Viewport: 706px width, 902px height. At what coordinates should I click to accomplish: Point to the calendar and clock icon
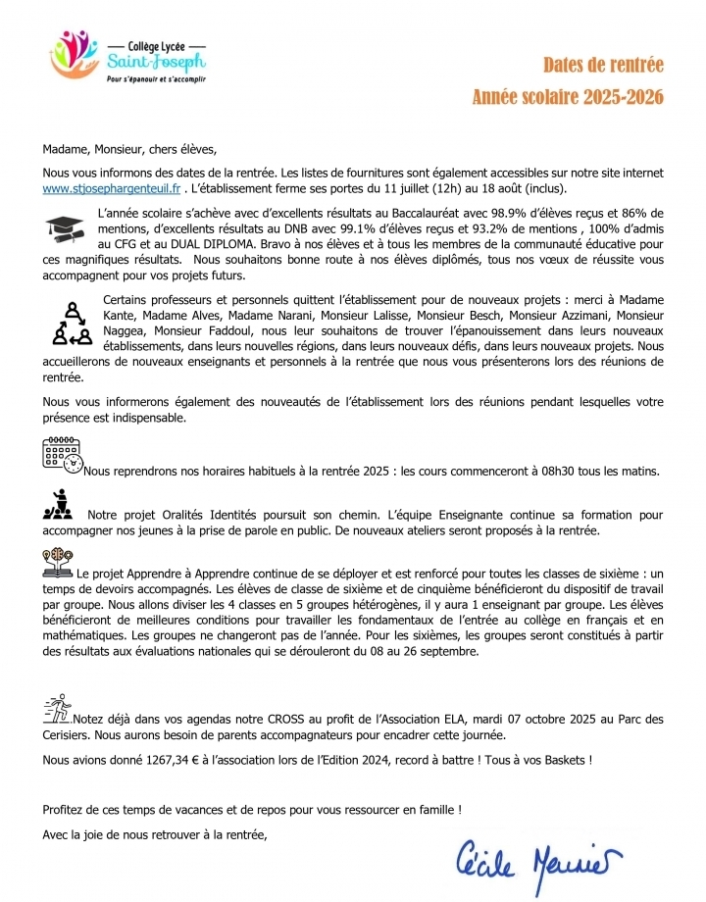[x=63, y=457]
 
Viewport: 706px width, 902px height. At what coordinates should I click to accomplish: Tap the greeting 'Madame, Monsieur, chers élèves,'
[x=127, y=150]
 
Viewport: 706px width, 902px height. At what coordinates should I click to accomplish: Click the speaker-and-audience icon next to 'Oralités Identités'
[x=59, y=507]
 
